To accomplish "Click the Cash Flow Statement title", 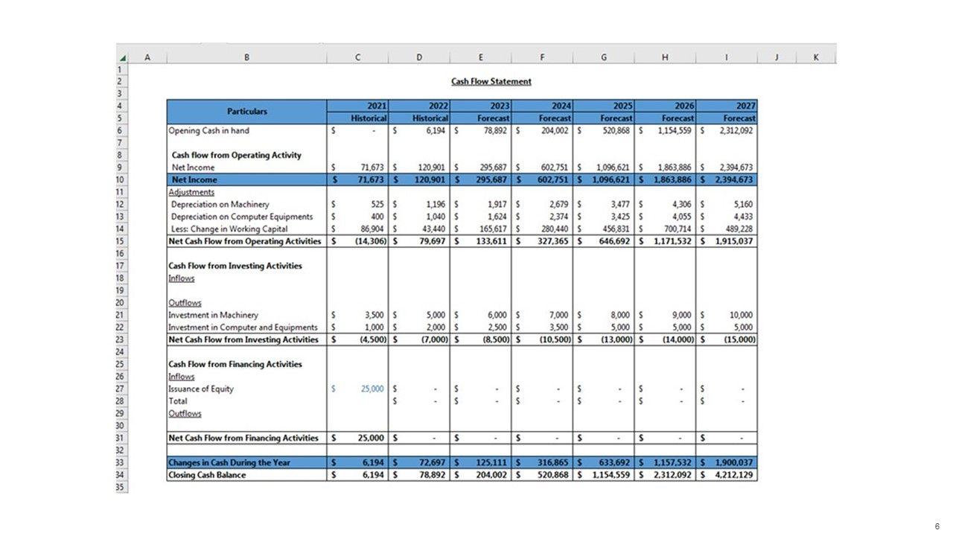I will point(491,81).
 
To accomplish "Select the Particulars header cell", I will point(246,112).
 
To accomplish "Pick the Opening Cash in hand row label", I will point(208,131).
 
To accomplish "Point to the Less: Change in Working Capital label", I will point(229,229).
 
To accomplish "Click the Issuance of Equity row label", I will point(201,389).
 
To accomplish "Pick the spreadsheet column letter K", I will point(816,57).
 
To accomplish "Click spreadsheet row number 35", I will point(121,487).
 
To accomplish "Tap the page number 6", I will point(937,527).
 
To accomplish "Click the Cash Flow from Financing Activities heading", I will point(235,364).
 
